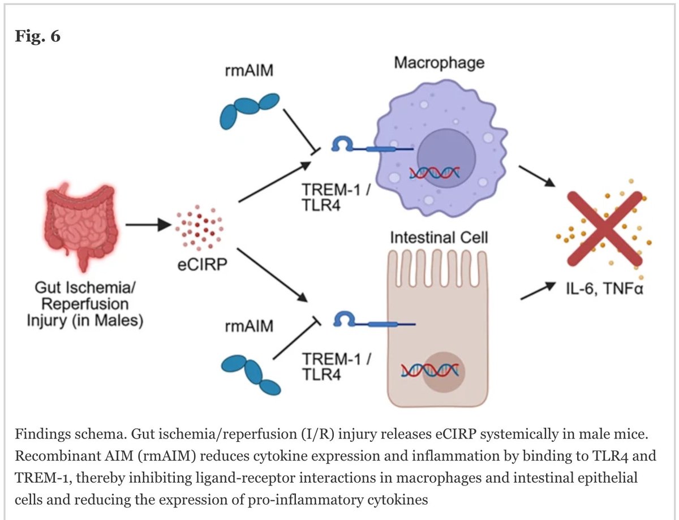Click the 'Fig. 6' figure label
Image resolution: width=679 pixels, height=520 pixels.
tap(37, 36)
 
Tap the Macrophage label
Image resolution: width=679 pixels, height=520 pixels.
tap(439, 63)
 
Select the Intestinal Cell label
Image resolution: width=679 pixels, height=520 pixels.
tap(439, 238)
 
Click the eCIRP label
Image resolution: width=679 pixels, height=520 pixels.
tap(202, 265)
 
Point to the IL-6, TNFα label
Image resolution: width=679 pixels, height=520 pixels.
tap(605, 288)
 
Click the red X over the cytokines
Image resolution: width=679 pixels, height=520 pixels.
tap(605, 229)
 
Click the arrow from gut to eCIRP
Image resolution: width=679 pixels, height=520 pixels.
tap(149, 225)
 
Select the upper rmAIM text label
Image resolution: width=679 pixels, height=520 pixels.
tap(249, 70)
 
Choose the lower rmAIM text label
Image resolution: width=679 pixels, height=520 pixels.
tap(249, 326)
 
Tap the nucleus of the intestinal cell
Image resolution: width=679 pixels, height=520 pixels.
tap(444, 372)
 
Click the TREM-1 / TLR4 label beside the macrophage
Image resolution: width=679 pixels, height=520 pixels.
tap(336, 197)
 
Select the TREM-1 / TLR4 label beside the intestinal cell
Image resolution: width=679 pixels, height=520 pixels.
tap(336, 366)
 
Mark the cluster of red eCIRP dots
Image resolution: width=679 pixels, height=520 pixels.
tap(199, 228)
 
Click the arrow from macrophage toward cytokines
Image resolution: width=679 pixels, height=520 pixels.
tap(537, 176)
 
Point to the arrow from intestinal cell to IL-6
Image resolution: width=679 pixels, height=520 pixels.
tap(538, 290)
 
